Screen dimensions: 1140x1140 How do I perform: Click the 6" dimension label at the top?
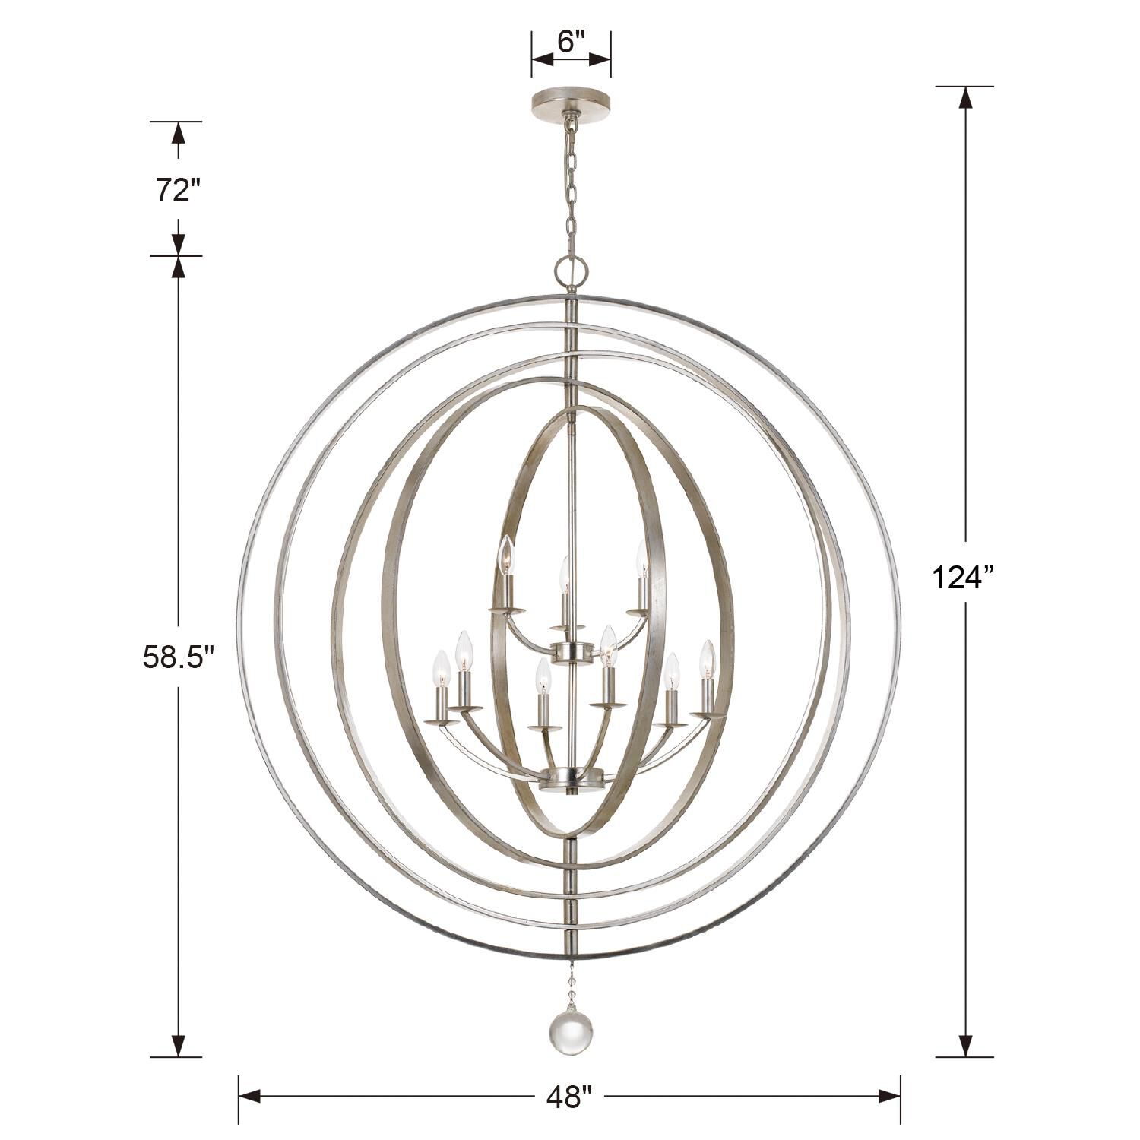(x=570, y=42)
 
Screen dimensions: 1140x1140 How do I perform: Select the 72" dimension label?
(x=178, y=189)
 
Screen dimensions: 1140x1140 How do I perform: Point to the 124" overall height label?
(x=963, y=578)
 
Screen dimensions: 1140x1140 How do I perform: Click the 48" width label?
(x=568, y=1096)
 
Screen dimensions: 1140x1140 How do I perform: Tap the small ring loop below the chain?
(x=570, y=269)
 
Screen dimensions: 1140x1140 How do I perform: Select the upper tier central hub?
(x=571, y=651)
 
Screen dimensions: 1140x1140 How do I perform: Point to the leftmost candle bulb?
(x=439, y=668)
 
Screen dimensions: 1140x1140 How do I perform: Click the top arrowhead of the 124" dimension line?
(x=965, y=97)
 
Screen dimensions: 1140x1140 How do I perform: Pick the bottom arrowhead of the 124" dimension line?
(x=965, y=1046)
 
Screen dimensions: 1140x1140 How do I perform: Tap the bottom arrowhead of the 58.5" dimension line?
(x=178, y=1046)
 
